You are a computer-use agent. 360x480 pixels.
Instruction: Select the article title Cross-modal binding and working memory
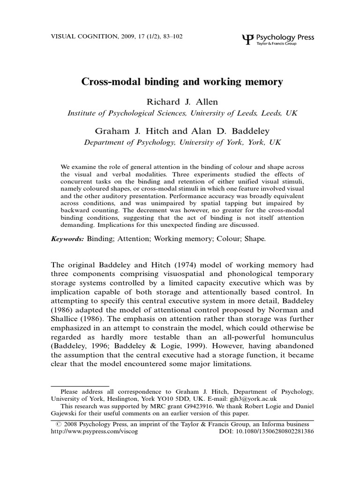[183, 82]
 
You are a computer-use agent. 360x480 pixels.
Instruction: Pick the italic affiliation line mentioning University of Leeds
[182, 113]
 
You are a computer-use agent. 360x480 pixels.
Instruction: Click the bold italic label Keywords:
[67, 239]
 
